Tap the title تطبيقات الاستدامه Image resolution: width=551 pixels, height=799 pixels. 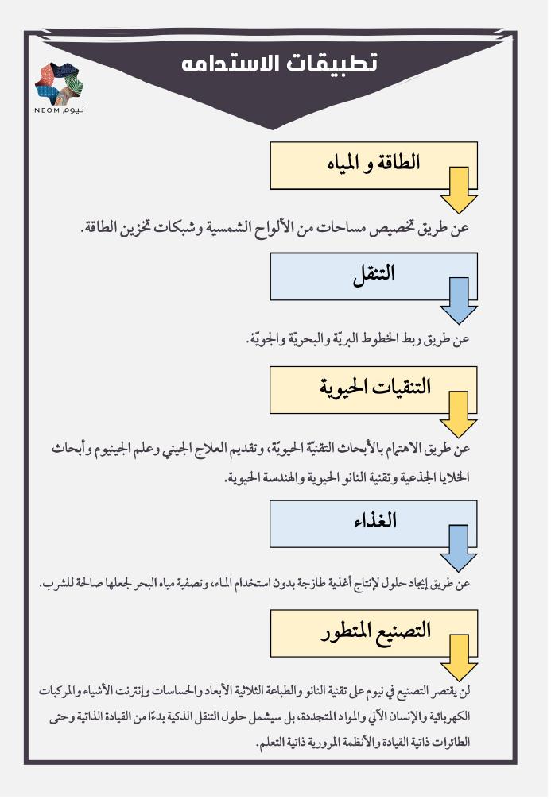(278, 64)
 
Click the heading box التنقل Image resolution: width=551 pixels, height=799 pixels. (374, 275)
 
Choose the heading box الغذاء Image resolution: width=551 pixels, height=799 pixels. (374, 522)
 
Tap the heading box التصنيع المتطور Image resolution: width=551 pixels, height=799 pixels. (374, 631)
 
